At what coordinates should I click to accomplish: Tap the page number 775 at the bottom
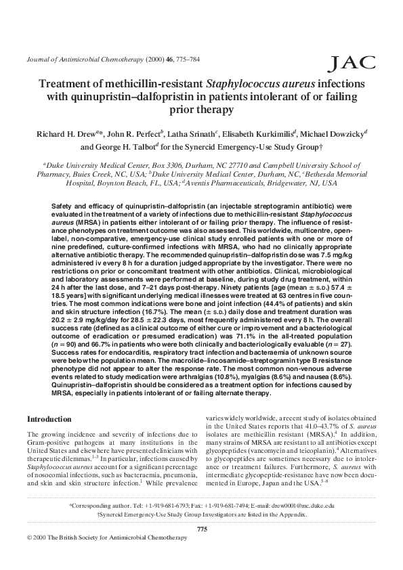(201, 528)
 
